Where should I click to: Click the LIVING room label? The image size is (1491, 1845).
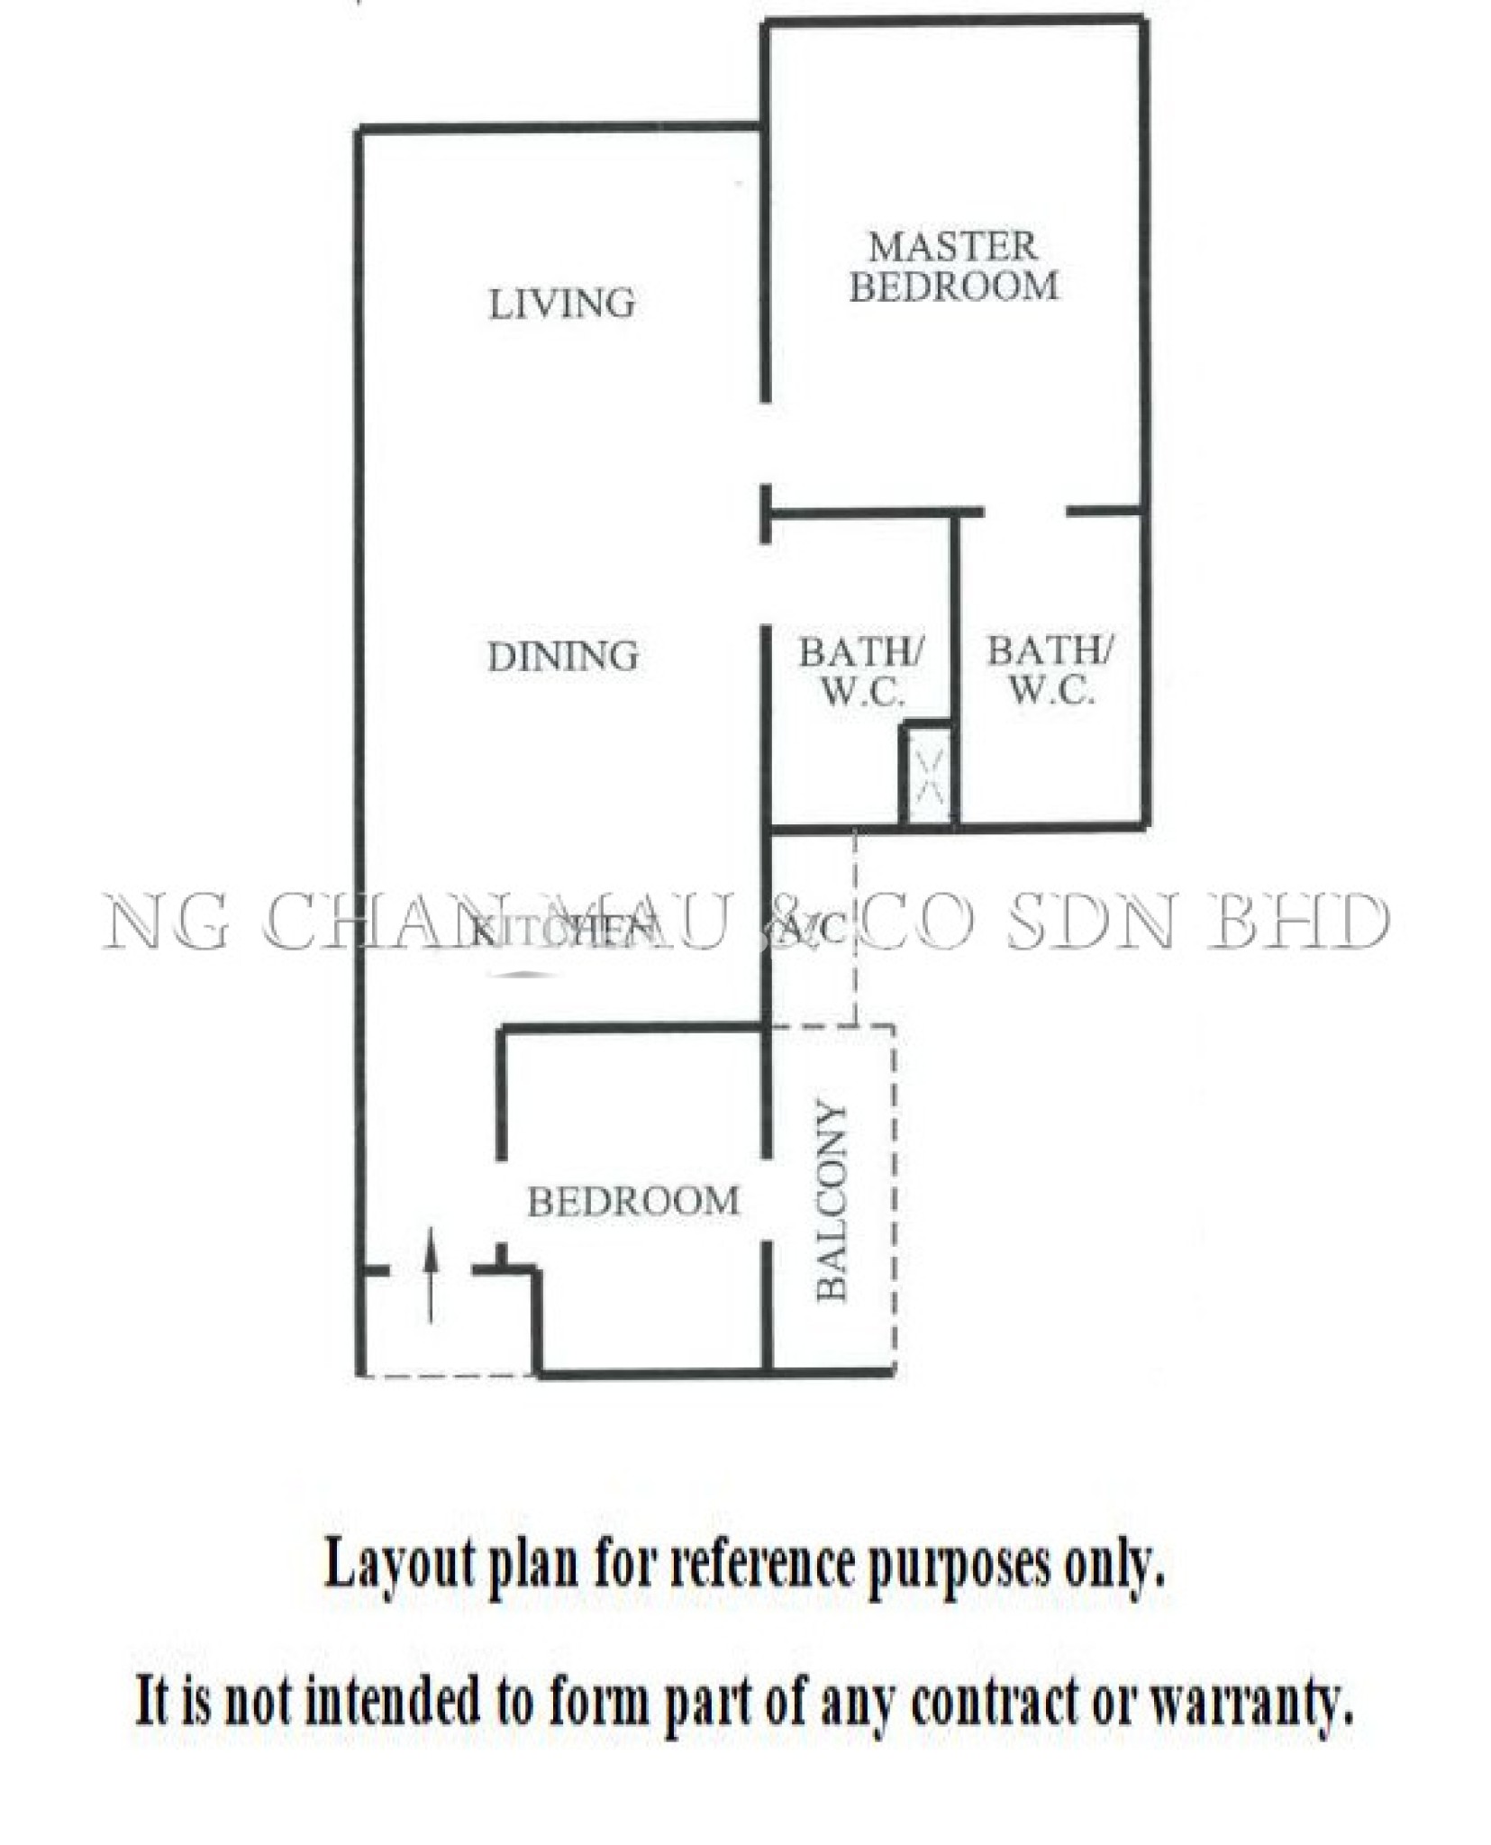pyautogui.click(x=560, y=304)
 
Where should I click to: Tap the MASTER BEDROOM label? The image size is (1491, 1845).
pyautogui.click(x=953, y=267)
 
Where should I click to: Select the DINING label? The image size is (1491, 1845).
pyautogui.click(x=562, y=656)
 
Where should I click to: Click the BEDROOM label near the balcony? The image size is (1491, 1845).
pyautogui.click(x=632, y=1201)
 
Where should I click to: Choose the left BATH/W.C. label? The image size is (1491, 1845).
pyautogui.click(x=860, y=670)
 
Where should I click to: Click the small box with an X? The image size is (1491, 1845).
pyautogui.click(x=928, y=775)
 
